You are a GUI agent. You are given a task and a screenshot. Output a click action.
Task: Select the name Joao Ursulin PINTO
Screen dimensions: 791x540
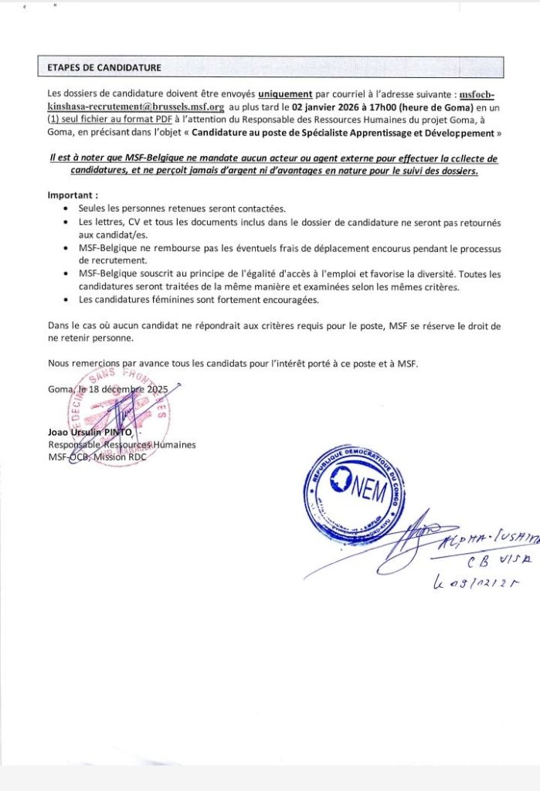pyautogui.click(x=90, y=432)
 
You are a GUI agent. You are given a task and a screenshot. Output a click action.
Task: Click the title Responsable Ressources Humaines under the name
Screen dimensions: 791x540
pyautogui.click(x=122, y=444)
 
